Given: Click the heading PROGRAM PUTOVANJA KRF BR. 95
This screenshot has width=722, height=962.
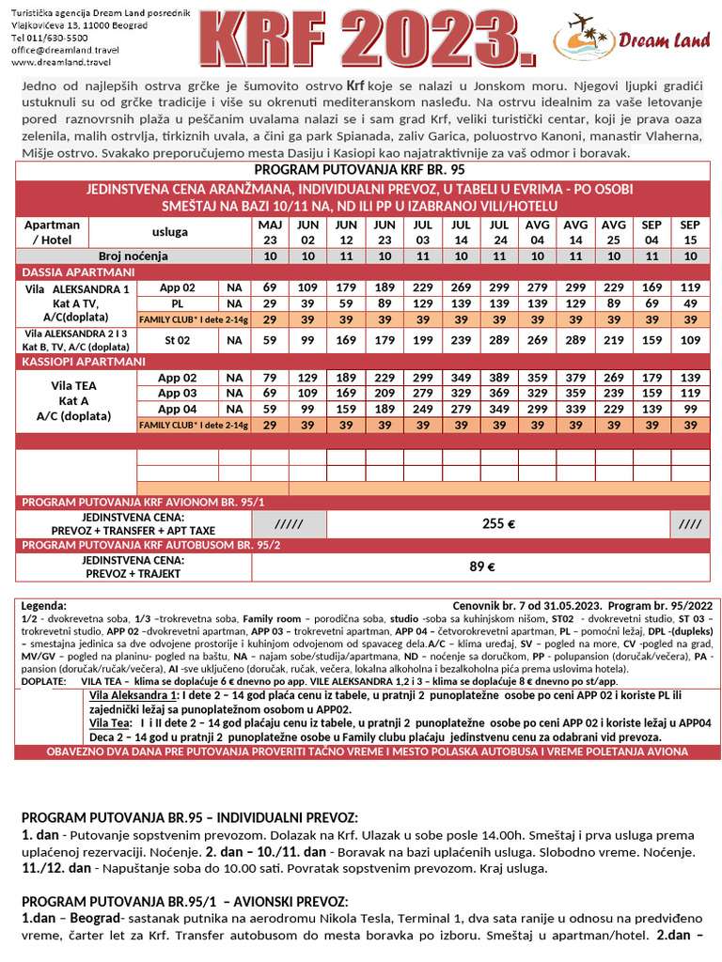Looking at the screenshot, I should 360,170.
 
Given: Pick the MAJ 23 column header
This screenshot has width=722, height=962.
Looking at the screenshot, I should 270,232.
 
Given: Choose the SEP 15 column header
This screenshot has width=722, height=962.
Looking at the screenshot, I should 690,232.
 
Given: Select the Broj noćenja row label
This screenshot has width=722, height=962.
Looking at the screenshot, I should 133,256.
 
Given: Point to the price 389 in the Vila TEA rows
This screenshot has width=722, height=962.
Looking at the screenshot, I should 499,377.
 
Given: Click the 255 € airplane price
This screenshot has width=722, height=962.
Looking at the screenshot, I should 498,524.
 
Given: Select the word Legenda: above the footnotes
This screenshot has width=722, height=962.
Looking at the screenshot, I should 43,607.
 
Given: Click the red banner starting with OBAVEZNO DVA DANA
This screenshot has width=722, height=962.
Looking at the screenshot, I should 360,753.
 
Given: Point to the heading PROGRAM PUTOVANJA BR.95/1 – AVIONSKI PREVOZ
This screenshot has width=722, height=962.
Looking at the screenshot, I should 184,901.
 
